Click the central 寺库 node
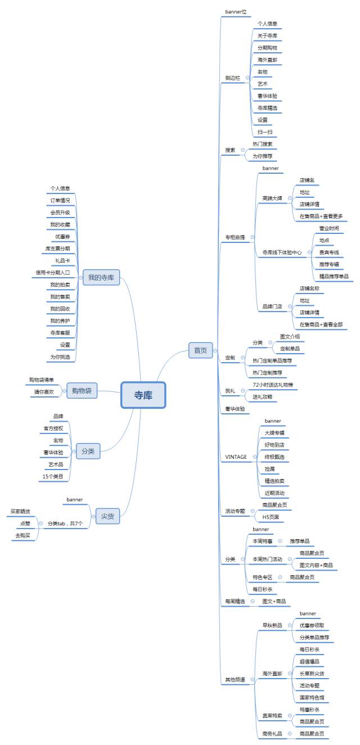pos(143,395)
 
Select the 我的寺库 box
pos(101,277)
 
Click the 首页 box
pos(200,350)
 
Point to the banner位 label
pos(236,11)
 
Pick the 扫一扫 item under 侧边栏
pos(265,132)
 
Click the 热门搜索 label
pos(262,144)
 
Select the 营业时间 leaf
pos(329,228)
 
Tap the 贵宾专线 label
pos(329,252)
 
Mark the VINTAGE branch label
pos(236,457)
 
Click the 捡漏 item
pos(270,468)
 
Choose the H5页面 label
pos(270,516)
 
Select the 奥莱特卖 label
pos(272,716)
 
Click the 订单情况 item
pos(60,200)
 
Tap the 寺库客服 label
pos(60,333)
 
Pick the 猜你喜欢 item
pos(44,392)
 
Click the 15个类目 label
pos(54,477)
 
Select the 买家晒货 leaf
pos(20,511)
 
